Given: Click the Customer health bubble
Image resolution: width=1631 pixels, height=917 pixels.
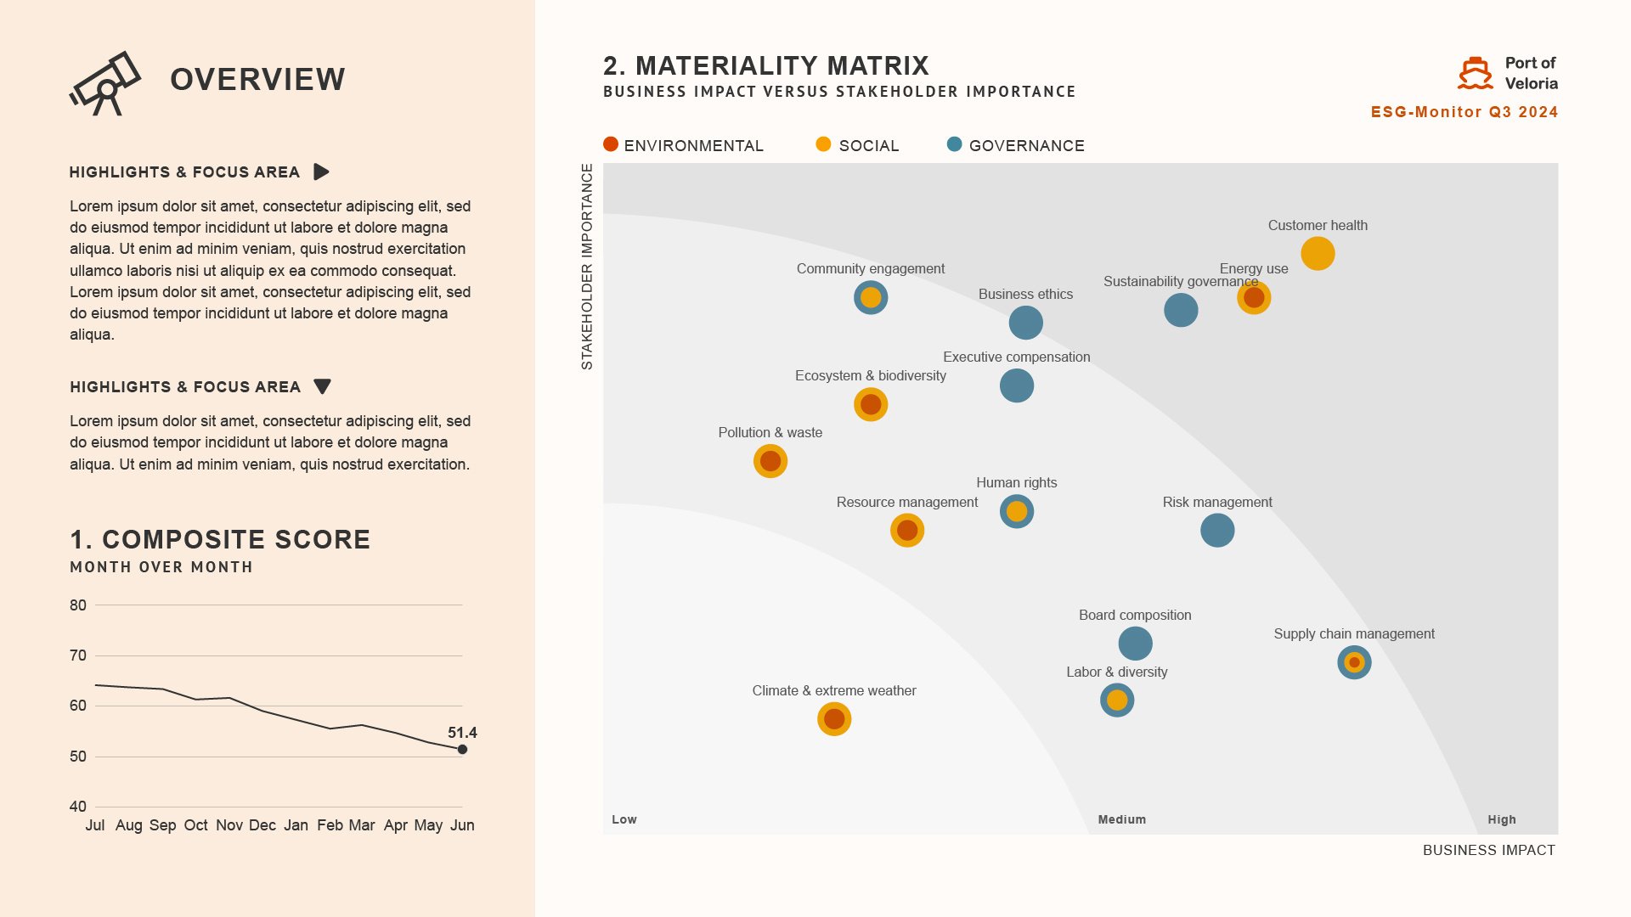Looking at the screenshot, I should [1318, 253].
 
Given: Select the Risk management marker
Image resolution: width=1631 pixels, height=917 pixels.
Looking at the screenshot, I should [1217, 531].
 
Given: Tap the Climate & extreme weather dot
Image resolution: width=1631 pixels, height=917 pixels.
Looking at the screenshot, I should [834, 719].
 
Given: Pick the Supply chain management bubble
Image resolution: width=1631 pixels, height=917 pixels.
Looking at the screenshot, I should [1354, 662].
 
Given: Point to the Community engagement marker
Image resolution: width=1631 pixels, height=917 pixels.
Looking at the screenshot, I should [871, 298].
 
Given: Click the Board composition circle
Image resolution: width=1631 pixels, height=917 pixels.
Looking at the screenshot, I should [1135, 644].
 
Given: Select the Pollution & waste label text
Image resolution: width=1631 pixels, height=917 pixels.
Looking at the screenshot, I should [770, 432].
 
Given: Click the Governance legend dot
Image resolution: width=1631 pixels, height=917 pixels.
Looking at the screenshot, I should [954, 144].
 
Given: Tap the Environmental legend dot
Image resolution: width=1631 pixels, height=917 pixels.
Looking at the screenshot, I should [611, 144].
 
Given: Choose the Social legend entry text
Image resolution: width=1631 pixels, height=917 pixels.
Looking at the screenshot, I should [868, 146].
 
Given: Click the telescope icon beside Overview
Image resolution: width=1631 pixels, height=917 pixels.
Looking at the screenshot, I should [105, 83].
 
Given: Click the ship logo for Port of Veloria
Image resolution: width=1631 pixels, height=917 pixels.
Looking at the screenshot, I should [1475, 74].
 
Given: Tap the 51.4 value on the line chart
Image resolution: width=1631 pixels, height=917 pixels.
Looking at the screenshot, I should [462, 733].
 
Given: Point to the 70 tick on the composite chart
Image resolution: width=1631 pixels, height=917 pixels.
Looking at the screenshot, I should [78, 655].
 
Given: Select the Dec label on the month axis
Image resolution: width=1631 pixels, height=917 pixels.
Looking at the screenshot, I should [262, 825].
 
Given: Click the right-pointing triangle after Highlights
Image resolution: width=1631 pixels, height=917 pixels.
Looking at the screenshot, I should [321, 172].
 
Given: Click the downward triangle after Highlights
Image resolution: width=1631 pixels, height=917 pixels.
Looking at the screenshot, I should [322, 387].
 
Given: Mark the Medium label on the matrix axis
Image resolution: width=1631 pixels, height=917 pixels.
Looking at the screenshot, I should [1121, 819].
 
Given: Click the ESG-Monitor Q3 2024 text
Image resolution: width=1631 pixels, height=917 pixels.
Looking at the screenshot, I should [1464, 112].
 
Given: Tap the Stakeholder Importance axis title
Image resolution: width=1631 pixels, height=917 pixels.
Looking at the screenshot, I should [587, 267].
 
